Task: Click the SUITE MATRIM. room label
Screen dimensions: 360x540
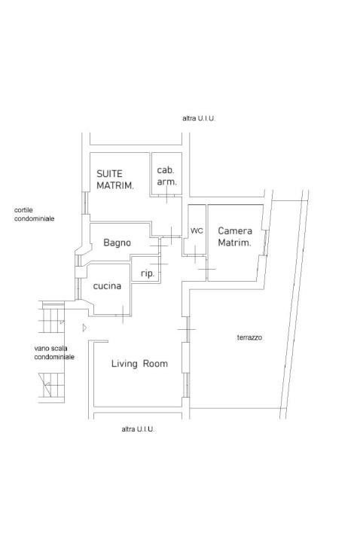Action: pyautogui.click(x=114, y=179)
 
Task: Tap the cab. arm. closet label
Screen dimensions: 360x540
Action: pyautogui.click(x=166, y=175)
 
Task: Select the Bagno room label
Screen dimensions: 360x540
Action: pyautogui.click(x=117, y=243)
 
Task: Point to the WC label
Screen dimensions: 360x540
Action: pyautogui.click(x=197, y=230)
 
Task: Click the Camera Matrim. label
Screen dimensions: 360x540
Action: pyautogui.click(x=235, y=236)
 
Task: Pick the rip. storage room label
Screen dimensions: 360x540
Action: pyautogui.click(x=148, y=274)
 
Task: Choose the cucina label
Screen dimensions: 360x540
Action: pyautogui.click(x=107, y=286)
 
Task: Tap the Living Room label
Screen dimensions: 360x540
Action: pyautogui.click(x=139, y=363)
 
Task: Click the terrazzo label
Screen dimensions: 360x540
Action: pyautogui.click(x=249, y=337)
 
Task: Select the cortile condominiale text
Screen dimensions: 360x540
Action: pyautogui.click(x=34, y=214)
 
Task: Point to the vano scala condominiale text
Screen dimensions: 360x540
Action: pyautogui.click(x=54, y=352)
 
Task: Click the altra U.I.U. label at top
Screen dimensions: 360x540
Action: pyautogui.click(x=199, y=118)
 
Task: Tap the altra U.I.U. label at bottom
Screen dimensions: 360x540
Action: pyautogui.click(x=138, y=429)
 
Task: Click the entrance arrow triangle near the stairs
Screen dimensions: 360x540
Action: pyautogui.click(x=84, y=328)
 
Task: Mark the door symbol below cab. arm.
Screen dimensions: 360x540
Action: pyautogui.click(x=166, y=195)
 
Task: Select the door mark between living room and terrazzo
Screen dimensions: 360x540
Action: pyautogui.click(x=186, y=330)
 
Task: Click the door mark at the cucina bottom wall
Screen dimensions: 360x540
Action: pyautogui.click(x=123, y=314)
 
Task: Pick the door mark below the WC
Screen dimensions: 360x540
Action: pyautogui.click(x=194, y=255)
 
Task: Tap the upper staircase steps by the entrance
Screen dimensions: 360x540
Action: pyautogui.click(x=51, y=317)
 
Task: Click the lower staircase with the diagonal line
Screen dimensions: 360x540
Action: pyautogui.click(x=51, y=388)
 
